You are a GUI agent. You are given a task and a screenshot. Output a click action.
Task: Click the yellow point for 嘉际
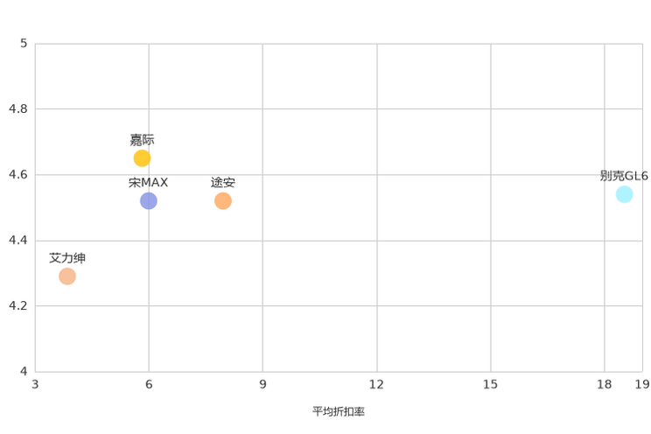click(x=142, y=158)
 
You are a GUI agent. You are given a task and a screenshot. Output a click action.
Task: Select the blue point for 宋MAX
click(x=149, y=201)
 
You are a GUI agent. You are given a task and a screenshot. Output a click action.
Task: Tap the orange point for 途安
click(x=223, y=201)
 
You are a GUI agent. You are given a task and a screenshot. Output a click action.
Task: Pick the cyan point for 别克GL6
click(x=624, y=194)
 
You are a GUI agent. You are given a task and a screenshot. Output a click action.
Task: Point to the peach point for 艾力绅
click(x=67, y=276)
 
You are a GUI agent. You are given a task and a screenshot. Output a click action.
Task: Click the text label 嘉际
click(x=142, y=140)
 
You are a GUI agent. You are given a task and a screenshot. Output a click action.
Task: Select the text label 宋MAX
click(x=148, y=183)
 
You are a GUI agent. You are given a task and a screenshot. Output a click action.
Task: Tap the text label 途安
click(x=223, y=183)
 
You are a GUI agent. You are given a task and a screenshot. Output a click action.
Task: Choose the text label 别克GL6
click(x=624, y=176)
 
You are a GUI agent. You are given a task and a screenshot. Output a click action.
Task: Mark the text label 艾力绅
click(x=67, y=258)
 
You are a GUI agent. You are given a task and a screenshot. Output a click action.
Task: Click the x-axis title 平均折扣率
click(x=339, y=411)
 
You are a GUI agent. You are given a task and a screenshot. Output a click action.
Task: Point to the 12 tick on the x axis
click(x=376, y=385)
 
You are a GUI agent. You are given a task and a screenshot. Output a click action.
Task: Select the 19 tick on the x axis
click(x=642, y=385)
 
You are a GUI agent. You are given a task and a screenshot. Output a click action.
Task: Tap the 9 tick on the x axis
click(x=262, y=385)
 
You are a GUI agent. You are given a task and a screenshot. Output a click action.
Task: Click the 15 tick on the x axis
click(x=490, y=385)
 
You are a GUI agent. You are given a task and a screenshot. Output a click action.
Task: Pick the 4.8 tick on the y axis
click(x=18, y=108)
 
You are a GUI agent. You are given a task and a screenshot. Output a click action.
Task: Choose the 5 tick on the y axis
click(x=24, y=43)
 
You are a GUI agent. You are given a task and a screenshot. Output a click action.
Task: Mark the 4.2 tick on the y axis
click(x=18, y=305)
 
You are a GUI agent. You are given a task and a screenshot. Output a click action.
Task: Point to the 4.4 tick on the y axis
click(x=18, y=240)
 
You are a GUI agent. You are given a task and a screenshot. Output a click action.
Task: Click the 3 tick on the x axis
click(x=35, y=385)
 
